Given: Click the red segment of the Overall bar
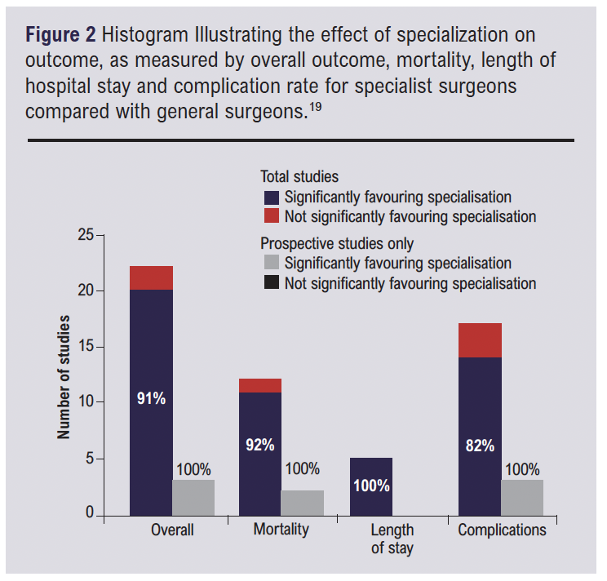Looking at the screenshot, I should click(x=151, y=278).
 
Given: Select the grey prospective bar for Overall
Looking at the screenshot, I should click(x=193, y=498).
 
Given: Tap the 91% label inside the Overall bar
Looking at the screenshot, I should click(x=151, y=399).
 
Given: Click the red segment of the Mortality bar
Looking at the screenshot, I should click(x=260, y=386).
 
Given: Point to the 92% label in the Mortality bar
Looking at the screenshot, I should click(x=260, y=446).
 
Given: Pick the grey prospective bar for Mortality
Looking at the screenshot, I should click(x=303, y=503).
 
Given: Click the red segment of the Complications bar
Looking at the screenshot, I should click(x=480, y=340).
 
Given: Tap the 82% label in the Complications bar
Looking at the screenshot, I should click(x=480, y=446).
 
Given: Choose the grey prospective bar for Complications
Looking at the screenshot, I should click(x=522, y=498).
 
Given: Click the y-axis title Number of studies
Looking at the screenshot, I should click(x=64, y=376).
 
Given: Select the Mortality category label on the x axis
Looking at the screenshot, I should click(x=281, y=530).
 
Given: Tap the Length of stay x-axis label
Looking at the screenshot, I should click(x=392, y=539).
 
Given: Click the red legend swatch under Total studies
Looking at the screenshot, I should click(x=272, y=216).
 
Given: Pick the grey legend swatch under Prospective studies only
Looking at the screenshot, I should click(x=272, y=263).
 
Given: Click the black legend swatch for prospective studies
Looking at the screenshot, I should click(x=272, y=283).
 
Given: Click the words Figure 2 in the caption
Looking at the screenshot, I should click(x=60, y=37).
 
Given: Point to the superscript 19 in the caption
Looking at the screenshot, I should click(x=315, y=104).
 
